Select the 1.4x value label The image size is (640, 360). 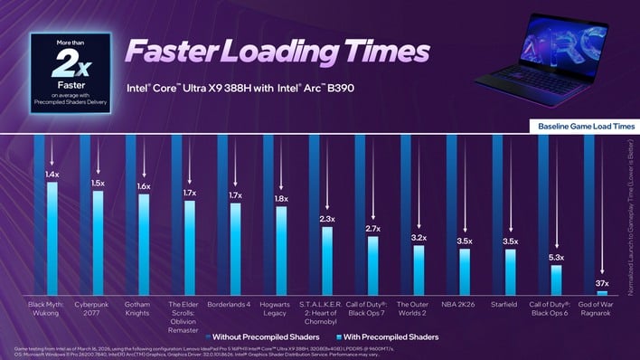(x=52, y=174)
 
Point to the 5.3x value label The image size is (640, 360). (x=557, y=258)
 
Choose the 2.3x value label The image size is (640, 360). (x=327, y=219)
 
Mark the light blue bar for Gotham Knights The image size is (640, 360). (x=144, y=244)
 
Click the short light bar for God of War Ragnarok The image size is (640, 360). (x=603, y=293)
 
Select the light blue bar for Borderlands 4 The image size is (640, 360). (x=235, y=250)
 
